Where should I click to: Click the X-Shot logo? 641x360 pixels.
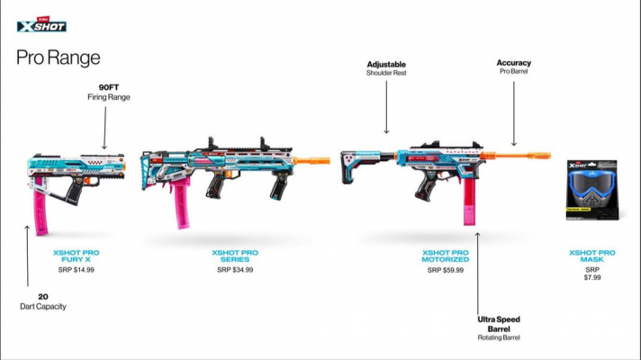point(41,24)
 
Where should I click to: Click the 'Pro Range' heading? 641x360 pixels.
point(58,58)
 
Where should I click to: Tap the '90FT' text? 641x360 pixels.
point(109,87)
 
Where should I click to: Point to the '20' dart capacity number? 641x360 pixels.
point(43,297)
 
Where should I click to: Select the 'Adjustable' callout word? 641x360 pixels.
point(386,65)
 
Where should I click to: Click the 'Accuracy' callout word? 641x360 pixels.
point(514,63)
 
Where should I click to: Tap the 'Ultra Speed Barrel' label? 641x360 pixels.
point(499,324)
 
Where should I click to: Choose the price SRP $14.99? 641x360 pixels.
point(76,270)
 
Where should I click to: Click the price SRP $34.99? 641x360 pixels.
point(235,270)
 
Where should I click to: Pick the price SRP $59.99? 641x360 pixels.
point(446,270)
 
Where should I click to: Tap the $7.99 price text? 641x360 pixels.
point(592,277)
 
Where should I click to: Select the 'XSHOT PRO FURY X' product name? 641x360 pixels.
point(76,256)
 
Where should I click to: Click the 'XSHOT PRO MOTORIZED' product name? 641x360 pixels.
point(446,256)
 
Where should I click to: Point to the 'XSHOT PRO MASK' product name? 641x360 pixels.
point(592,256)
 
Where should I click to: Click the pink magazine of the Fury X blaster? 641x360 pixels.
point(41,205)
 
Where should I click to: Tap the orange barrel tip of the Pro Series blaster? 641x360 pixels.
point(311,160)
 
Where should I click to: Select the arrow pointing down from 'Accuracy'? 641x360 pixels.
point(514,113)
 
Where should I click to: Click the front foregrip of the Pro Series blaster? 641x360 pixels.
point(279,185)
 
